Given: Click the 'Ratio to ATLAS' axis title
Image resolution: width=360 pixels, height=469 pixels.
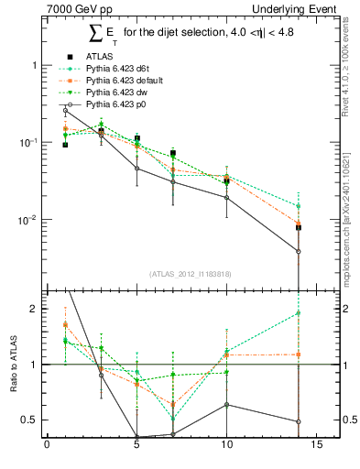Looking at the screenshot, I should pos(13,365).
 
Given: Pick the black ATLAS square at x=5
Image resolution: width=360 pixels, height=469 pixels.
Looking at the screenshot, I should pos(136,138).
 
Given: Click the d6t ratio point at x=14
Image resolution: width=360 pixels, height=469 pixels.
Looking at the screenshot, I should pos(298,313).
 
